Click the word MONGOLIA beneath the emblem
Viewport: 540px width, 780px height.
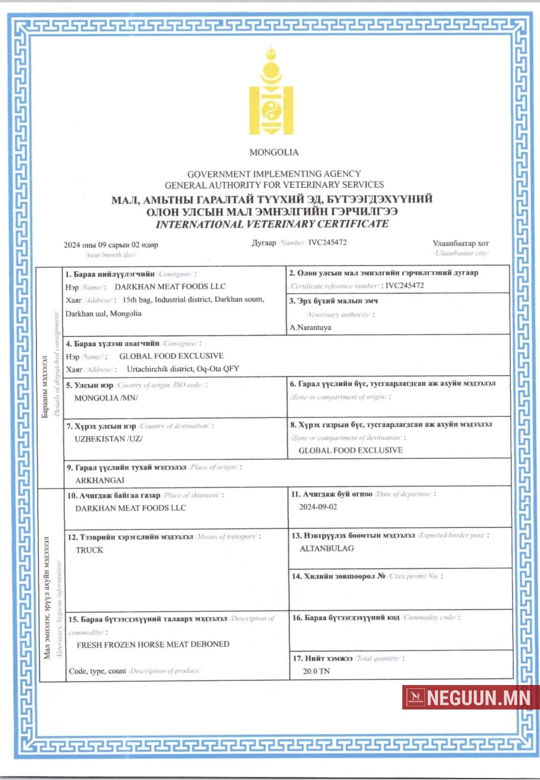click(274, 152)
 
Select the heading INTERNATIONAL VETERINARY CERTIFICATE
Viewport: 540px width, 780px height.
click(272, 224)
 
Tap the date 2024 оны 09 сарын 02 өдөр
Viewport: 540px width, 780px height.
click(111, 245)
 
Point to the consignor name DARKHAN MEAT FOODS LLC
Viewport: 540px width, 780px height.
click(170, 286)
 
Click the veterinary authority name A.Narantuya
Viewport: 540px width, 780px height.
click(310, 327)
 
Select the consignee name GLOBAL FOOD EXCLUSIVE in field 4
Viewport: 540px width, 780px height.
click(171, 356)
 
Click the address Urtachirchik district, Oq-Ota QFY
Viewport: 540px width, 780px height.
click(183, 369)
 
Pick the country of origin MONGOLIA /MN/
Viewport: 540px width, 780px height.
click(106, 398)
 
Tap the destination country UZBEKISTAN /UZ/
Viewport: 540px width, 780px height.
click(108, 439)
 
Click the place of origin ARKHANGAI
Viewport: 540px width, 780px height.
click(100, 480)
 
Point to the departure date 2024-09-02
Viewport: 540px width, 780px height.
click(318, 507)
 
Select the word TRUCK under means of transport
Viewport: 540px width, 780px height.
click(89, 550)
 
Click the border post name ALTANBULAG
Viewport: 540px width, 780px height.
click(327, 548)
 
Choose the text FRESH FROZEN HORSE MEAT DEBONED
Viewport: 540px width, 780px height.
click(153, 644)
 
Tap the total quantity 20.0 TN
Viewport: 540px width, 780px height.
click(316, 671)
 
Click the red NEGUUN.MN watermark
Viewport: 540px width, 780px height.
click(470, 697)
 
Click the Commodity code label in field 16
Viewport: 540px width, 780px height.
click(429, 617)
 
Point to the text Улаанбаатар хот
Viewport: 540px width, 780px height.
click(461, 243)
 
